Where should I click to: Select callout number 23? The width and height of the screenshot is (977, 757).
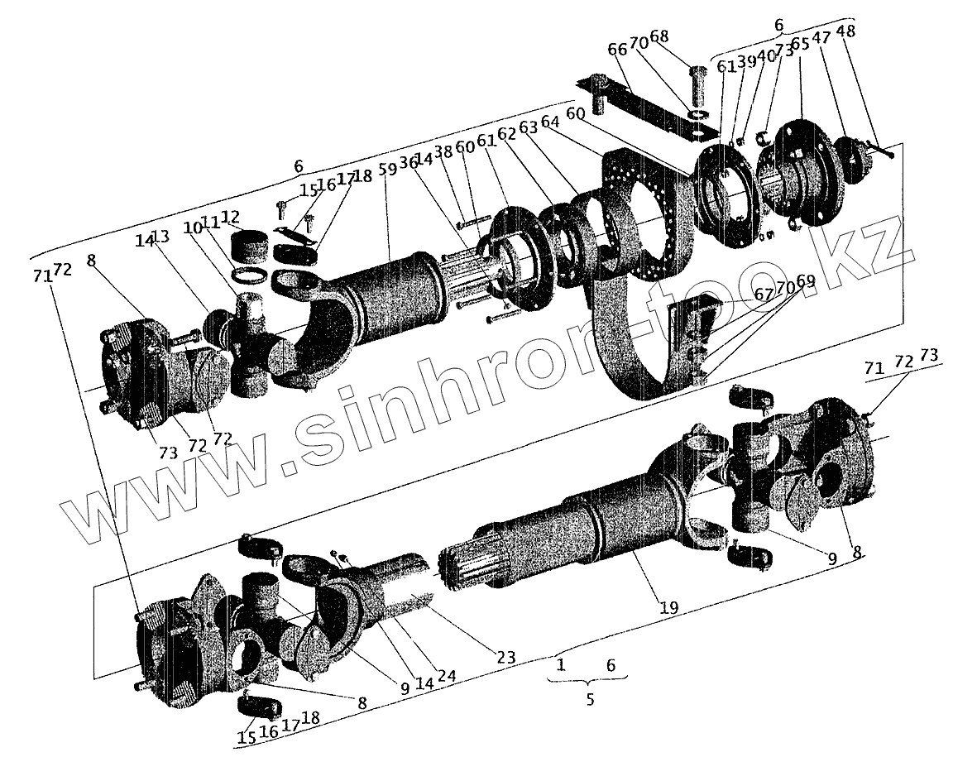pyautogui.click(x=506, y=658)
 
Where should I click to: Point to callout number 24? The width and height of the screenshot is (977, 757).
pyautogui.click(x=447, y=676)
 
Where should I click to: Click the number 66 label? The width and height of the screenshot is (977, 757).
pyautogui.click(x=617, y=50)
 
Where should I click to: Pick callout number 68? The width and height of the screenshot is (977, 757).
pyautogui.click(x=659, y=38)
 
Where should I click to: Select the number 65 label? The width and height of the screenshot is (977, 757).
pyautogui.click(x=799, y=43)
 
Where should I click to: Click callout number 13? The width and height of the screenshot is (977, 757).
pyautogui.click(x=161, y=237)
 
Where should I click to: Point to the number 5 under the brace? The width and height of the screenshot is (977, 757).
pyautogui.click(x=590, y=699)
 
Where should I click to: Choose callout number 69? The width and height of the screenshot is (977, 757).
pyautogui.click(x=806, y=281)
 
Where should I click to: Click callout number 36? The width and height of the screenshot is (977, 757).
pyautogui.click(x=408, y=163)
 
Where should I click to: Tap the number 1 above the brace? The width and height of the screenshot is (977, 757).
pyautogui.click(x=562, y=665)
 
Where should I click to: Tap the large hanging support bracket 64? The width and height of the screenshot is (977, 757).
pyautogui.click(x=637, y=273)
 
